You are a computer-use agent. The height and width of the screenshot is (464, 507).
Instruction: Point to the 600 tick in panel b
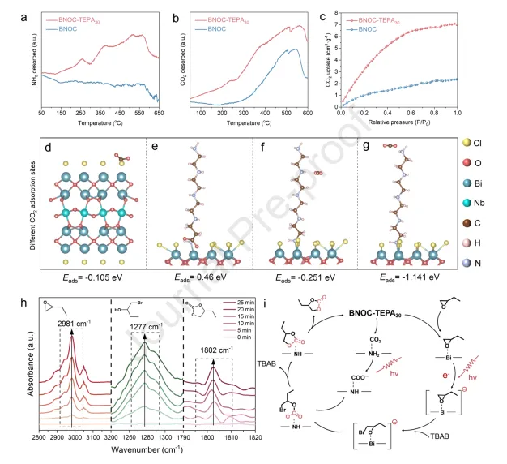(x=309, y=113)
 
